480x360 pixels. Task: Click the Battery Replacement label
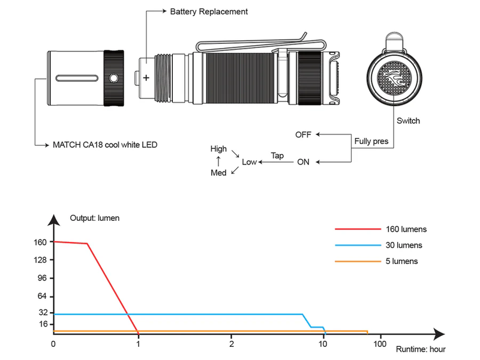[209, 11]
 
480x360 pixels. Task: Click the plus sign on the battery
[146, 77]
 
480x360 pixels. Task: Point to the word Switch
[409, 121]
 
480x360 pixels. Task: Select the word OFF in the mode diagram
[303, 134]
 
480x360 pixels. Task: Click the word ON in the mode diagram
[304, 162]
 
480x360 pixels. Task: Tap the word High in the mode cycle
[218, 149]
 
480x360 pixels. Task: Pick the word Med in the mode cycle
[218, 173]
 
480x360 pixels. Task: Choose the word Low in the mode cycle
[249, 162]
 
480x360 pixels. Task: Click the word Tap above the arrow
[277, 155]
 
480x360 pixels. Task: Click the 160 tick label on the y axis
[41, 242]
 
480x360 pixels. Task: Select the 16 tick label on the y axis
[43, 324]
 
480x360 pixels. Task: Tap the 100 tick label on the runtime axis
[379, 344]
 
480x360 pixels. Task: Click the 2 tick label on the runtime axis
[232, 344]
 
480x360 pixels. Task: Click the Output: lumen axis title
[95, 218]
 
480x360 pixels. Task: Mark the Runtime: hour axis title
[421, 349]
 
